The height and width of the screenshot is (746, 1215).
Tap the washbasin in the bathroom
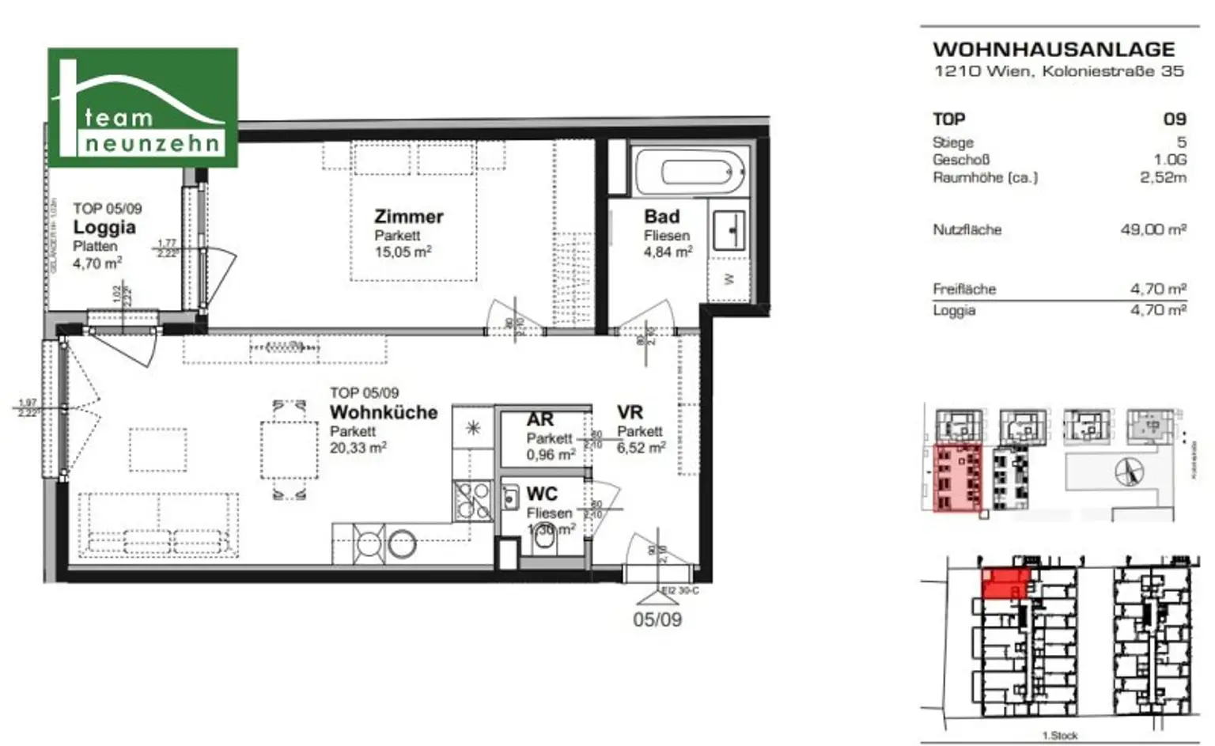click(x=729, y=229)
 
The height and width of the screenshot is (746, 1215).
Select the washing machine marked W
click(x=729, y=278)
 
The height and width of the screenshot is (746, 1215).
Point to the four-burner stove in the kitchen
click(x=472, y=500)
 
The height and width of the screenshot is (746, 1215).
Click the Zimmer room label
click(x=408, y=216)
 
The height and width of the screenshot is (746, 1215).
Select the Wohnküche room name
click(x=383, y=412)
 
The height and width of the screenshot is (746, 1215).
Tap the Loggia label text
click(x=104, y=228)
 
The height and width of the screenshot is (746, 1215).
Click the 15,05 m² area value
click(x=403, y=252)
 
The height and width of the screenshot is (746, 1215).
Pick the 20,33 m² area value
click(x=358, y=448)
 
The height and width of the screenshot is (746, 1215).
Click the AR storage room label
click(x=540, y=419)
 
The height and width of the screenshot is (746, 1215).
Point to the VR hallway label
click(x=630, y=412)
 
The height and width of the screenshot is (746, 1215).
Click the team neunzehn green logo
click(x=143, y=108)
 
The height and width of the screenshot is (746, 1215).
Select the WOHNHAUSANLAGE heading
click(x=1054, y=49)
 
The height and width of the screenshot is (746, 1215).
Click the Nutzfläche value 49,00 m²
click(x=1153, y=230)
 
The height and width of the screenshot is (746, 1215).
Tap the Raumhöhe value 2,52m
click(x=1162, y=178)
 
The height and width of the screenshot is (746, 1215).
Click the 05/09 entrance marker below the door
click(x=657, y=619)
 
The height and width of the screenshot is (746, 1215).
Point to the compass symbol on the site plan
click(x=1129, y=472)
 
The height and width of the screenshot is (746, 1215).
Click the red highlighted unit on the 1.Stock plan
click(x=1004, y=584)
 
